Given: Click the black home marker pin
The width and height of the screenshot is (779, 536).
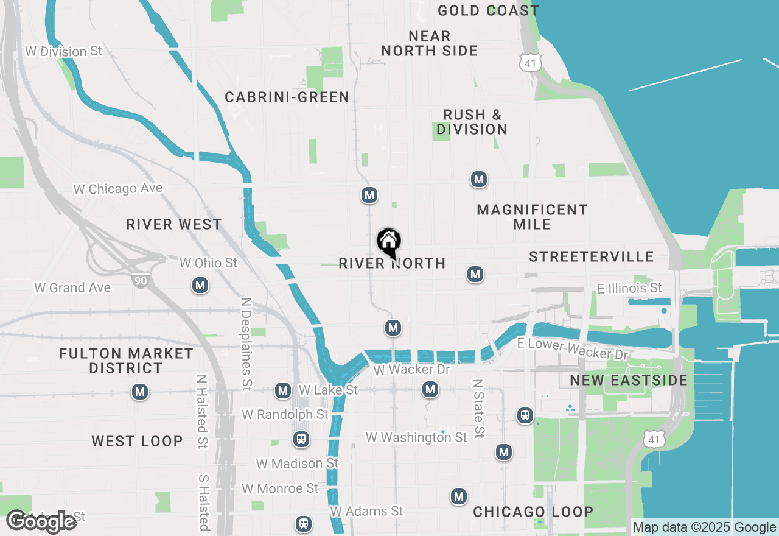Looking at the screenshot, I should (x=388, y=242).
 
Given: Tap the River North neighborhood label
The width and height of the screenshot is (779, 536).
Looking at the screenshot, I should (x=392, y=263).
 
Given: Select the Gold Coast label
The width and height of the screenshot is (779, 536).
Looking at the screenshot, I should (x=488, y=10).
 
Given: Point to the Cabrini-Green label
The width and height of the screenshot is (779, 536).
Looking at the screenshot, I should (x=287, y=97).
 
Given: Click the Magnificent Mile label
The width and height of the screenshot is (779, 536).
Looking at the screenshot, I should (x=532, y=217).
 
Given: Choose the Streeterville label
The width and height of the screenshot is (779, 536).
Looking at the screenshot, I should (x=591, y=256).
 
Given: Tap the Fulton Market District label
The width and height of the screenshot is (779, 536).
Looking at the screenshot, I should (x=126, y=361).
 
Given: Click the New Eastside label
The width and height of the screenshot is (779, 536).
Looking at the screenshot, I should (x=629, y=381).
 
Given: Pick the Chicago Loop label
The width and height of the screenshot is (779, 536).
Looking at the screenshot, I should (x=533, y=512).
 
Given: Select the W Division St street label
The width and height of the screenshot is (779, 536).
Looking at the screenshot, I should (x=64, y=51).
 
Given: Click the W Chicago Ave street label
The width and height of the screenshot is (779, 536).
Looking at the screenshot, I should (x=118, y=189).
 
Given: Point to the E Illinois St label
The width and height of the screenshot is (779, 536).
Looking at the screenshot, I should (x=630, y=287).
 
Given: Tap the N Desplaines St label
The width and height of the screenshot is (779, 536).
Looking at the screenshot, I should (x=246, y=344).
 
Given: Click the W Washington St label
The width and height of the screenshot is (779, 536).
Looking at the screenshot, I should (x=416, y=437).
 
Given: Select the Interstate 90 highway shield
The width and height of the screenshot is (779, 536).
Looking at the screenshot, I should (x=139, y=280).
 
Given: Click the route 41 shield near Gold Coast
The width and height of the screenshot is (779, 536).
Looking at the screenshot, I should (x=529, y=62).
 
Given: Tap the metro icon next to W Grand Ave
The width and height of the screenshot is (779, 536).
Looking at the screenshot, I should (x=200, y=284).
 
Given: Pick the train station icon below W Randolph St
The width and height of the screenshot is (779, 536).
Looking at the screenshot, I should (x=300, y=439).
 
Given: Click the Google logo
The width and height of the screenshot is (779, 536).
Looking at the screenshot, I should (x=41, y=521).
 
